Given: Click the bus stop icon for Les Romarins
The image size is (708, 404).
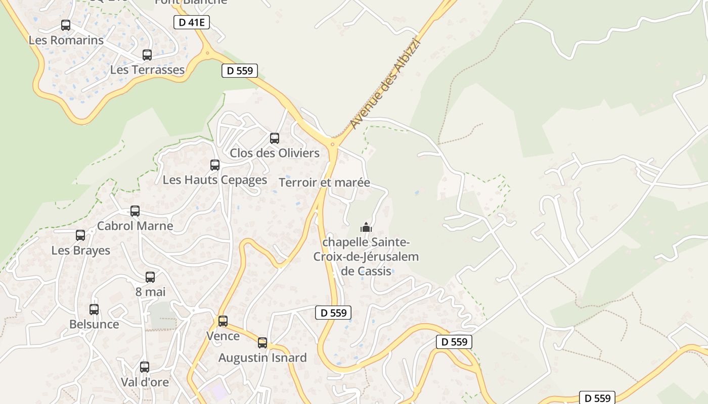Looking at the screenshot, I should (x=66, y=25).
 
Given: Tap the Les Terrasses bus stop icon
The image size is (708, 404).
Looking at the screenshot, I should (x=147, y=55).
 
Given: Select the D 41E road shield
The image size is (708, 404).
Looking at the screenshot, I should (x=191, y=22).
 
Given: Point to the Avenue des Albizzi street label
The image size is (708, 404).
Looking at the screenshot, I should (x=385, y=83).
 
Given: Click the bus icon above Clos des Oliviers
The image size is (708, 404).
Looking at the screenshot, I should (x=275, y=138).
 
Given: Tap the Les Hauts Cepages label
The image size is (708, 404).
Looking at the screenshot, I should (x=214, y=180).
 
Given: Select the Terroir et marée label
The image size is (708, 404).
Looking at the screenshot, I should (x=324, y=182).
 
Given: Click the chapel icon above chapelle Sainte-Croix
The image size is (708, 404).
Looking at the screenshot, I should (x=366, y=227).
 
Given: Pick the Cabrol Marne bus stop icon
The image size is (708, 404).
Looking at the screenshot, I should (x=135, y=211).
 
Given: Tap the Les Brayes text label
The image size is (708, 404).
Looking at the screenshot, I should (x=81, y=250).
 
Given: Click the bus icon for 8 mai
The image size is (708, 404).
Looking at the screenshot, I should (x=150, y=277).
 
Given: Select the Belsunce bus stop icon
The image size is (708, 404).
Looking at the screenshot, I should (x=94, y=310).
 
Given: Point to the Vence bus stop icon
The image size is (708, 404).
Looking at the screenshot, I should (x=223, y=321).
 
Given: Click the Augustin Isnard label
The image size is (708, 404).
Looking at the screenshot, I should (x=262, y=358).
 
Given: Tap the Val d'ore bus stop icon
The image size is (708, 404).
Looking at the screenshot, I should (x=145, y=367).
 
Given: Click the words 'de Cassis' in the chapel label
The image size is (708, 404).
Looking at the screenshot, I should (x=366, y=271).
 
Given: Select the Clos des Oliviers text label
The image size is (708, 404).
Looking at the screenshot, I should (x=275, y=153).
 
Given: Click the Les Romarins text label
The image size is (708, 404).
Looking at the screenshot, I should (x=66, y=40).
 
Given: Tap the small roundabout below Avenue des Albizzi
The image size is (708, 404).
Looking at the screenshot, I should (x=333, y=144).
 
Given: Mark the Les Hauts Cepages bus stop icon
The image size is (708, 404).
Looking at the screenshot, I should (x=215, y=165).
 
